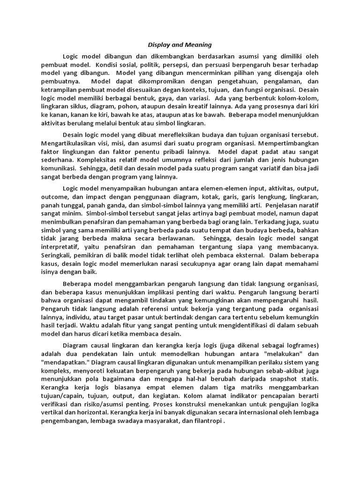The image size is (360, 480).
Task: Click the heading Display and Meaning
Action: click(180, 45)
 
